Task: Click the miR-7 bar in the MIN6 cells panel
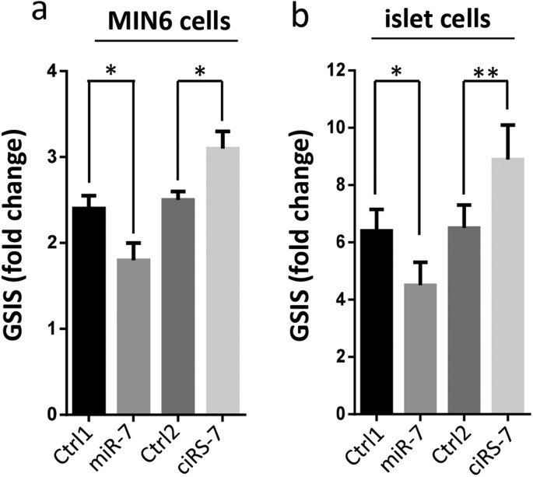point(134,336)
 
